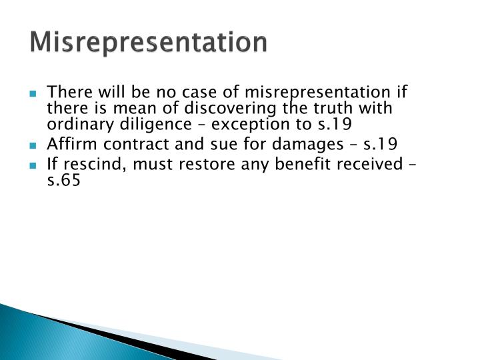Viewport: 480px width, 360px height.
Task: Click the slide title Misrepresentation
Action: tap(149, 42)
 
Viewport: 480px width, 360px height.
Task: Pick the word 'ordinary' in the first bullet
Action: tap(71, 125)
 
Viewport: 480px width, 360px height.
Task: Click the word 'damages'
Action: tap(311, 145)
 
